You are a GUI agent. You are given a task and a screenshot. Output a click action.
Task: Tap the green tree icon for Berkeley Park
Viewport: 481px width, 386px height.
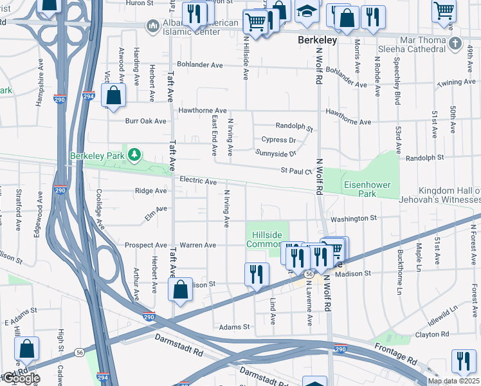pyautogui.click(x=134, y=154)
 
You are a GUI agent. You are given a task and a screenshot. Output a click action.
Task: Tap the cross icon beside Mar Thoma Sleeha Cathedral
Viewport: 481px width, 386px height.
pyautogui.click(x=455, y=43)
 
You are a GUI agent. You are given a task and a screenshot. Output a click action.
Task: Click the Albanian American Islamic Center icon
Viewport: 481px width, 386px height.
pyautogui.click(x=153, y=26)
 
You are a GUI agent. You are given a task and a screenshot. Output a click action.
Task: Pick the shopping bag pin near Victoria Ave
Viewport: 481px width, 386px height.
pyautogui.click(x=114, y=96)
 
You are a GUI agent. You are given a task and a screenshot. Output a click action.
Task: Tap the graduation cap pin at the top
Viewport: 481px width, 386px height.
pyautogui.click(x=307, y=12)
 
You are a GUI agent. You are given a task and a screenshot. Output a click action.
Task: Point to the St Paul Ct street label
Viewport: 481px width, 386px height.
pyautogui.click(x=295, y=171)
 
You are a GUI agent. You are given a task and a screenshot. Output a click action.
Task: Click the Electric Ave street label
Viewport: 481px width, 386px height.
pyautogui.click(x=197, y=181)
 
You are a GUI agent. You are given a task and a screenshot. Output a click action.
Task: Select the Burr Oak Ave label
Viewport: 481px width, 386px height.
pyautogui.click(x=145, y=120)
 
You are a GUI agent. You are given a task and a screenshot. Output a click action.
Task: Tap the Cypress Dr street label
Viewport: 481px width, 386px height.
pyautogui.click(x=278, y=140)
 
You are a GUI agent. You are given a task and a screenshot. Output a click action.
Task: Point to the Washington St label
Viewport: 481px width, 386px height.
pyautogui.click(x=353, y=219)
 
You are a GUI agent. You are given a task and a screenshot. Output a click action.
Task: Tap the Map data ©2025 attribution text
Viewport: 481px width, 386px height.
pyautogui.click(x=453, y=381)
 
